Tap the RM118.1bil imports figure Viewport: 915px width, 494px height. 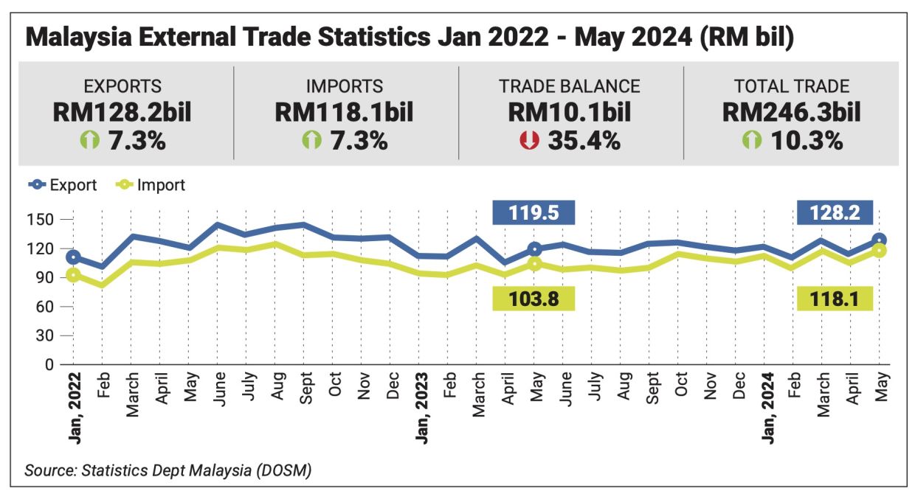pyautogui.click(x=344, y=113)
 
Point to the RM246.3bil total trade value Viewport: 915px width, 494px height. pyautogui.click(x=792, y=113)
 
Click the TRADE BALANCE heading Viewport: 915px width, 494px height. pyautogui.click(x=569, y=86)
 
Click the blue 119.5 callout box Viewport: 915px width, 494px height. pyautogui.click(x=534, y=214)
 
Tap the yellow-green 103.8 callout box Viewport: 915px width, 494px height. pyautogui.click(x=534, y=299)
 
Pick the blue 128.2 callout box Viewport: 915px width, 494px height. pyautogui.click(x=835, y=214)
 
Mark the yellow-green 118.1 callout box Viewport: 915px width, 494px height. pyautogui.click(x=835, y=299)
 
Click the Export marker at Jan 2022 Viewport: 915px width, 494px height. pyautogui.click(x=72, y=257)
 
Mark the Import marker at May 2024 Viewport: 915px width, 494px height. pyautogui.click(x=880, y=251)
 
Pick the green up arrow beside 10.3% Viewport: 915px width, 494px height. pyautogui.click(x=752, y=140)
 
